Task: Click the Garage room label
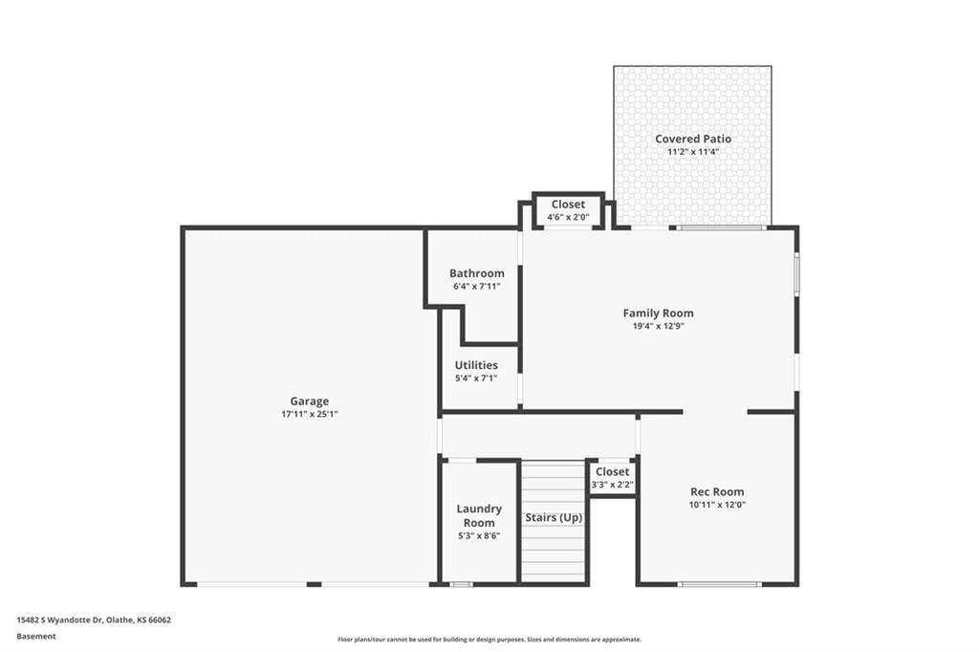click(x=309, y=401)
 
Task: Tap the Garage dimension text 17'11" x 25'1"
click(x=309, y=414)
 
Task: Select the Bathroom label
click(x=477, y=272)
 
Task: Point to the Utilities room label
click(x=476, y=365)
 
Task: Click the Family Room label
click(x=658, y=313)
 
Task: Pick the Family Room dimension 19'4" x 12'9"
click(x=658, y=326)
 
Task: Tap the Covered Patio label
click(x=693, y=139)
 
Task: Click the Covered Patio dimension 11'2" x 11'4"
click(x=693, y=152)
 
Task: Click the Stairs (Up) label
click(x=554, y=518)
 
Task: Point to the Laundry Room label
click(x=479, y=516)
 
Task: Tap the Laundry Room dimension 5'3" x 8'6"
click(x=479, y=535)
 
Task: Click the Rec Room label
click(x=717, y=491)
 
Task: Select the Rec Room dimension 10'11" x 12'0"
click(x=717, y=505)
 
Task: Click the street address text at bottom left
click(x=94, y=620)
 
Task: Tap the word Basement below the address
click(x=36, y=637)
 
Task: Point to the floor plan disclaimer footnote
click(x=489, y=640)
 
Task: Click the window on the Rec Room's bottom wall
click(x=720, y=584)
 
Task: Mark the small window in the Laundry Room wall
click(x=462, y=584)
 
